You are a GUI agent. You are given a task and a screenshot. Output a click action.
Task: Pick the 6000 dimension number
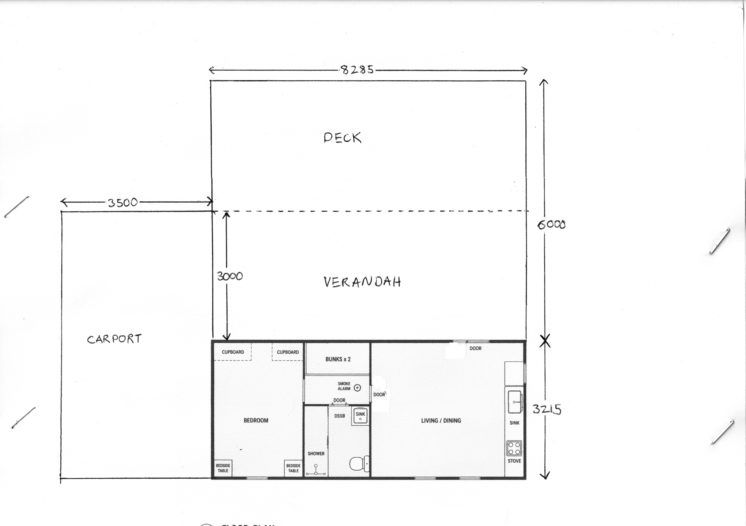point(551,224)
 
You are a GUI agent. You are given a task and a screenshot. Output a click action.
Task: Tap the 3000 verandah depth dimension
point(230,276)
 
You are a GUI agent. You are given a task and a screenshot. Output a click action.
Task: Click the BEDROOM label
point(256,420)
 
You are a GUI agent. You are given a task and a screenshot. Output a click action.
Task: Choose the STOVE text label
point(514,461)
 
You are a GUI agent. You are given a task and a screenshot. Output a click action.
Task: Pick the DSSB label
point(340,416)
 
